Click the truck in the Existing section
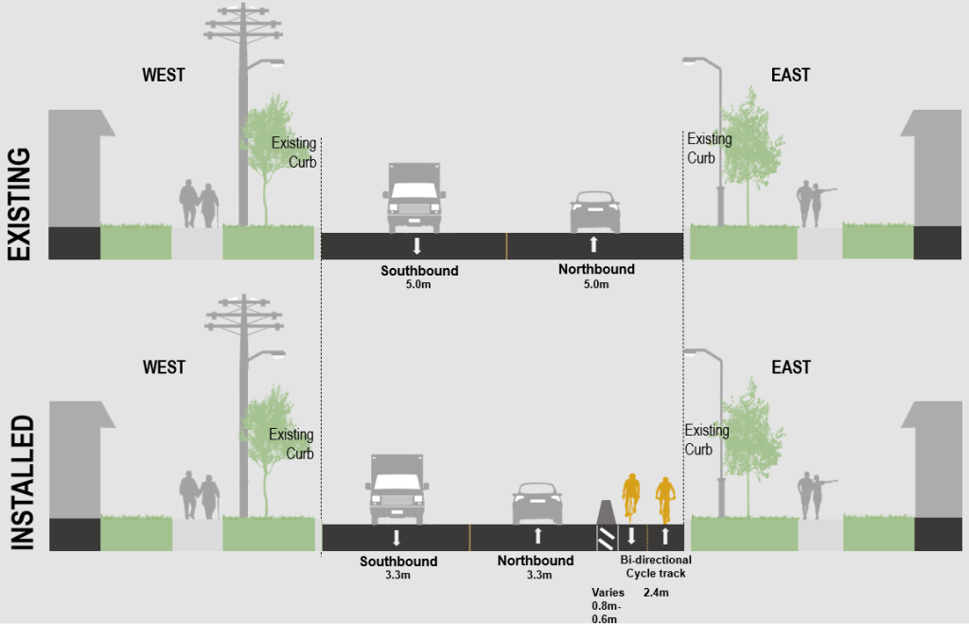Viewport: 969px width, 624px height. click(414, 198)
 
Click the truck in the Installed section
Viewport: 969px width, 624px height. click(396, 489)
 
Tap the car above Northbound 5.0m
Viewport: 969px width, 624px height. click(594, 212)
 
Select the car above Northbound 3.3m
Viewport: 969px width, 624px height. click(537, 503)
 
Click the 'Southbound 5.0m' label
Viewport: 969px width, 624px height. click(419, 276)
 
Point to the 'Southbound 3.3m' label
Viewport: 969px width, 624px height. click(398, 567)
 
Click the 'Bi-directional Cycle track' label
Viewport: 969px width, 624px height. click(656, 566)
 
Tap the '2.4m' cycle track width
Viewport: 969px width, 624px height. click(656, 593)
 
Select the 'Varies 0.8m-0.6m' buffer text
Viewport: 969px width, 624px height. click(607, 606)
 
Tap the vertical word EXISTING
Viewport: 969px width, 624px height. click(21, 204)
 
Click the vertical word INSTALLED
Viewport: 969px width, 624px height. click(21, 482)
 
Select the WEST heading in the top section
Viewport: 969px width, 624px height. click(164, 76)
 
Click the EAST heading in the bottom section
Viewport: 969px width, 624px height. click(790, 366)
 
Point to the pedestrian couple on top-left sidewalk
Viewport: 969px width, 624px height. click(199, 204)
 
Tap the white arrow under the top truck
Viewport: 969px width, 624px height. click(417, 245)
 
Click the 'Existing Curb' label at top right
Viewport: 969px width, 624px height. click(709, 149)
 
